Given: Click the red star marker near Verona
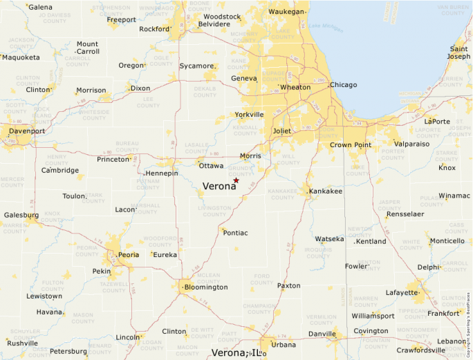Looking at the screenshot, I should [236, 180].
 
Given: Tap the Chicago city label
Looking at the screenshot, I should [344, 85].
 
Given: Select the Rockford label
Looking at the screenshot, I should [154, 29].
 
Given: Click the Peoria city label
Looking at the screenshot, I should [129, 254].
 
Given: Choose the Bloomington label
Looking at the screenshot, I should [206, 287].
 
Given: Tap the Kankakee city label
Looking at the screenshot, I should [326, 191].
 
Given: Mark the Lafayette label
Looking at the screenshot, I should [402, 292].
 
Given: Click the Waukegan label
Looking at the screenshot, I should [286, 12].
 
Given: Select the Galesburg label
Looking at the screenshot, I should [21, 215].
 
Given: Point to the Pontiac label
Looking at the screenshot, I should [235, 233].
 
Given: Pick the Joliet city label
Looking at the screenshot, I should [282, 131].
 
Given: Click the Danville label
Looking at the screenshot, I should [322, 334].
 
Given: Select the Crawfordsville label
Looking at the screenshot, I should [422, 350].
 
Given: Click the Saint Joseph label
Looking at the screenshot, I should [458, 53].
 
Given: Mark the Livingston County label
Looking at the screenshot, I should [214, 211].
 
